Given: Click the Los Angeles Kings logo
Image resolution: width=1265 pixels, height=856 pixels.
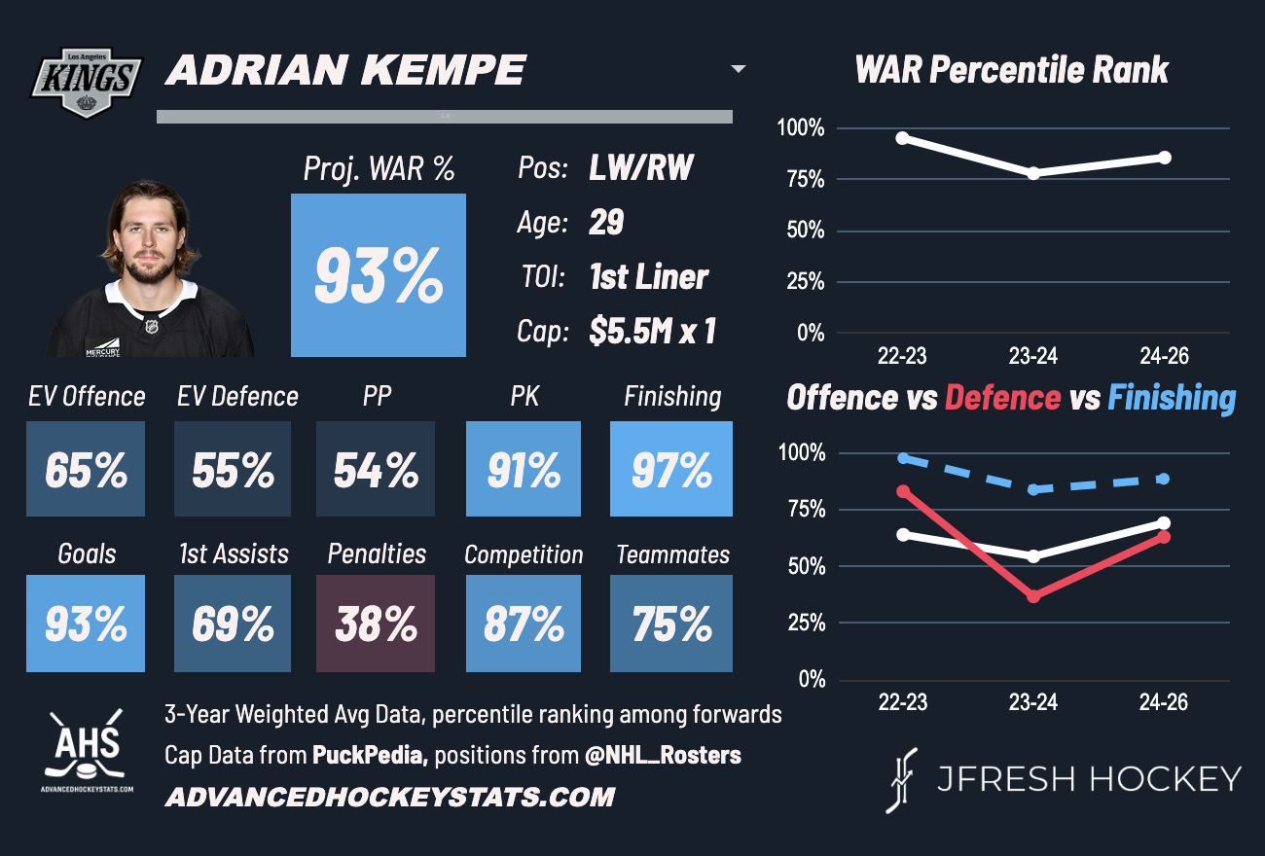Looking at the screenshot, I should pyautogui.click(x=89, y=82).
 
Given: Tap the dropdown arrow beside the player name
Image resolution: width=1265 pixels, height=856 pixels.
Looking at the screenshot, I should pyautogui.click(x=739, y=69).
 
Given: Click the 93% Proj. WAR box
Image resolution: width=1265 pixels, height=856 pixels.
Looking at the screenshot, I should pyautogui.click(x=379, y=275).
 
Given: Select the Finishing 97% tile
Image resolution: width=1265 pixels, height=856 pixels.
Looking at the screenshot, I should pyautogui.click(x=671, y=469).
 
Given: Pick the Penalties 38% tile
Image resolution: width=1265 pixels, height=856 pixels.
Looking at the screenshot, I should pyautogui.click(x=376, y=624).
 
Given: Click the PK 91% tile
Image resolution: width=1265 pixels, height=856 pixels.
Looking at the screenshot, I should pyautogui.click(x=524, y=469).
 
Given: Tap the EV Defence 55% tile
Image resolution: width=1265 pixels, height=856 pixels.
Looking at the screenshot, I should pyautogui.click(x=232, y=469).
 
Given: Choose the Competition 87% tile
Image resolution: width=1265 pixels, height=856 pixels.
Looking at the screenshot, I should pyautogui.click(x=524, y=624).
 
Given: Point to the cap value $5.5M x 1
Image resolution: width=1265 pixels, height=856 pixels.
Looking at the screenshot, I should pyautogui.click(x=652, y=332).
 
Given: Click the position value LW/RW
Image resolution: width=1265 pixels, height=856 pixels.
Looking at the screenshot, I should pyautogui.click(x=641, y=168).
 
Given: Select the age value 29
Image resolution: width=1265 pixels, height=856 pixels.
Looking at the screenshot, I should pyautogui.click(x=606, y=223).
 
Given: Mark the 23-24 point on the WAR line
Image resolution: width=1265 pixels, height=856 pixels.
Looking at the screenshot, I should pyautogui.click(x=1033, y=173).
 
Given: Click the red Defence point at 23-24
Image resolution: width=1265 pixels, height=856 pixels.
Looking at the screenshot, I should pyautogui.click(x=1033, y=595).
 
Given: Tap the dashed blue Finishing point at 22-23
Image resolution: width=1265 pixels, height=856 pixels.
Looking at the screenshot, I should pyautogui.click(x=903, y=457).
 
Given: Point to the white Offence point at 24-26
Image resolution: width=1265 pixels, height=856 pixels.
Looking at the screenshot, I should pyautogui.click(x=1164, y=523).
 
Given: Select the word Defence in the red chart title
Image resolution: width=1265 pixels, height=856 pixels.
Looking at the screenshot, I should pyautogui.click(x=1002, y=398).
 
